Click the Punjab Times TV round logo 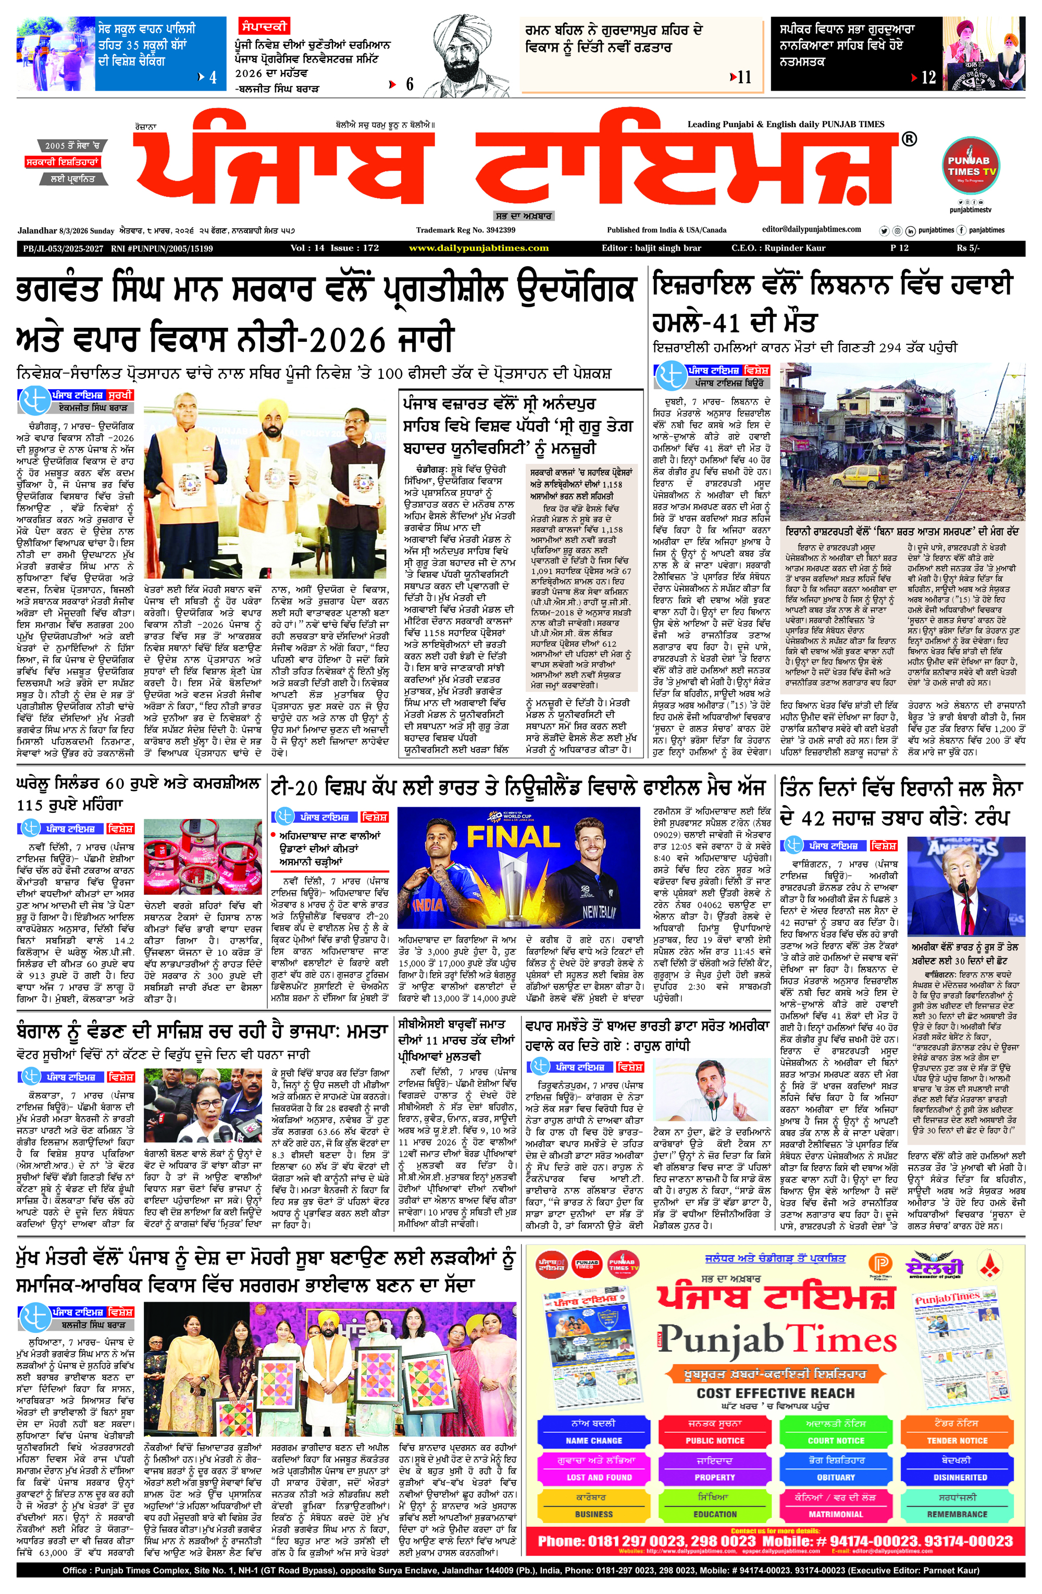[x=972, y=167]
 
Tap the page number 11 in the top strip [x=744, y=78]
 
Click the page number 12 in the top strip [x=928, y=78]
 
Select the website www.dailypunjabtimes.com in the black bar [x=478, y=248]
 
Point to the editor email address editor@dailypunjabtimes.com [x=811, y=229]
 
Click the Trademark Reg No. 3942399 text [x=465, y=230]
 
